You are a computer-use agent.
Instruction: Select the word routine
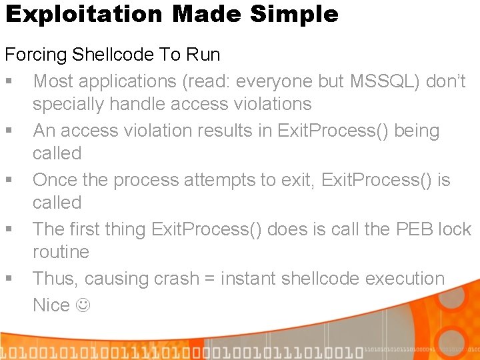61,252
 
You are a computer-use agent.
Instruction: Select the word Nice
51,305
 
